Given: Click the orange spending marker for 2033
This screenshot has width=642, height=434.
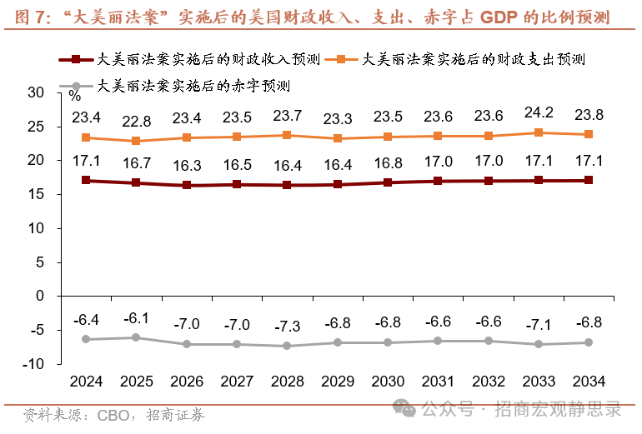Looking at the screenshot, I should click(539, 132).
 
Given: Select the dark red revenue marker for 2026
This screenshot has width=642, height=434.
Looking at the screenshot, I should click(188, 185).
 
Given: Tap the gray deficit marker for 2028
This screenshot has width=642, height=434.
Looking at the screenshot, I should click(288, 346).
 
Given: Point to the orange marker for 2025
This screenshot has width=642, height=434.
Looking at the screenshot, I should click(137, 141).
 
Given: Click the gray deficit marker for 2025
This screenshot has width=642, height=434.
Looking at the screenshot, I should click(137, 337).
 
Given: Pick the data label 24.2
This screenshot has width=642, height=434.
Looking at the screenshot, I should click(539, 112).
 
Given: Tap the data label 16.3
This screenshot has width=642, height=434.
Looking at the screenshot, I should click(188, 165).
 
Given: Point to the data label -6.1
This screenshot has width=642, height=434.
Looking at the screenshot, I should click(137, 317).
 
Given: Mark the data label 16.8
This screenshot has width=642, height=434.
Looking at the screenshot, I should click(388, 162).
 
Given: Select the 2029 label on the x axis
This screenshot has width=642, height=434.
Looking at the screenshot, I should click(338, 382).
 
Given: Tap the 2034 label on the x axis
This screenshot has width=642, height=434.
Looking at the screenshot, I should click(589, 382).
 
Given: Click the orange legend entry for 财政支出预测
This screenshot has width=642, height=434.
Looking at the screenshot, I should click(454, 60).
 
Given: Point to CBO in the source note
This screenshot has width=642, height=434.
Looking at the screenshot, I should click(113, 414).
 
